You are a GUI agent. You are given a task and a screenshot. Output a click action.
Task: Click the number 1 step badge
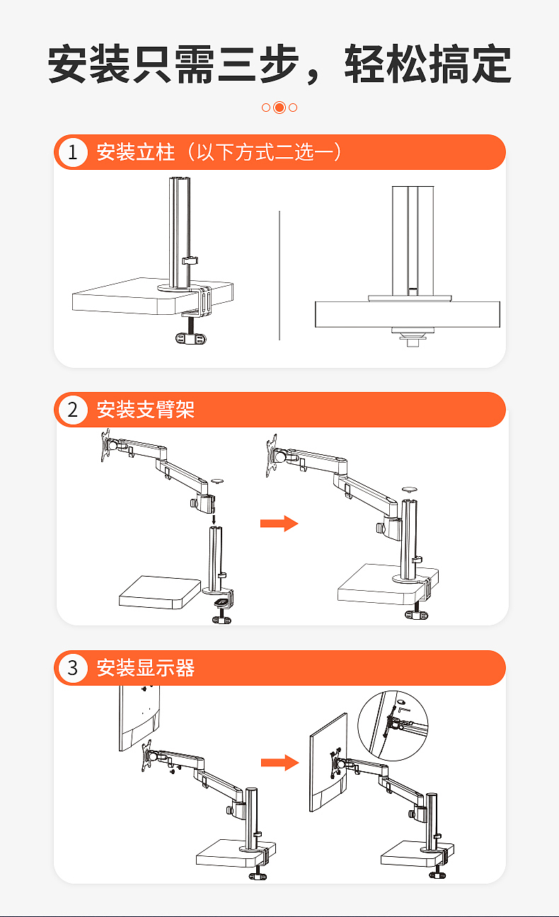pos(72,152)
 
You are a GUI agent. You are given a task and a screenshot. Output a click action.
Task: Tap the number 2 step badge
pos(72,410)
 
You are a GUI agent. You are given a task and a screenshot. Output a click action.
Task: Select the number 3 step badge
pos(72,668)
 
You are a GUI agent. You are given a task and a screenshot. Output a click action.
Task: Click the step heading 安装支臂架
pos(145,410)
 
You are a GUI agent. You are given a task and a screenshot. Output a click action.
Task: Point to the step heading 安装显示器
pos(145,668)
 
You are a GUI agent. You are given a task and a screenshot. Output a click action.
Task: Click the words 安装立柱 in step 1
pos(135,152)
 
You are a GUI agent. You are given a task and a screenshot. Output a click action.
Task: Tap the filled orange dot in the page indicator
pos(279,108)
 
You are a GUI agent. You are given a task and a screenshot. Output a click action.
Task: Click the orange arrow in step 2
pos(279,524)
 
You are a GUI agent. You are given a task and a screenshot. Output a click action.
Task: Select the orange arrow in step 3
pos(279,762)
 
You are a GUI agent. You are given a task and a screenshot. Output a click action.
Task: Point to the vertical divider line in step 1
pos(279,276)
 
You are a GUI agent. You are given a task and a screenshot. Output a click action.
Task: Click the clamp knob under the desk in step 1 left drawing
pos(190,338)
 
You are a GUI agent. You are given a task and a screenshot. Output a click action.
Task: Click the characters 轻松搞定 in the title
pos(427,65)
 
